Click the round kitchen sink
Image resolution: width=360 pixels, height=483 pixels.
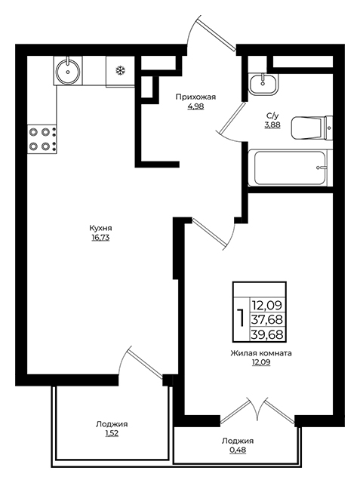point(68,72)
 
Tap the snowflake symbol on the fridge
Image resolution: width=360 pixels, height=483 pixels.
point(121,71)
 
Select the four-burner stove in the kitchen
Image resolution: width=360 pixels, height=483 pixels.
point(42,139)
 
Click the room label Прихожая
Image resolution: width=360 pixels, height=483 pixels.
point(195,97)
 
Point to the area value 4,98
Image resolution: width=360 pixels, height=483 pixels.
point(195,107)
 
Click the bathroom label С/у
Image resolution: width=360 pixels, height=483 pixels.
point(272,116)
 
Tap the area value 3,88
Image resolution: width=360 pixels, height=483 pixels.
point(272,125)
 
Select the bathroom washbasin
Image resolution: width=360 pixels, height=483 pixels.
point(263,84)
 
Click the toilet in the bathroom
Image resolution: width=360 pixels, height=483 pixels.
point(312,128)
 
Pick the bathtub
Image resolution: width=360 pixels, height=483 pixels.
point(290,168)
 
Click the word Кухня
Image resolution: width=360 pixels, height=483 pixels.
point(100,228)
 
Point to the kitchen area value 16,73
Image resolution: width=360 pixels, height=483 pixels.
point(100,238)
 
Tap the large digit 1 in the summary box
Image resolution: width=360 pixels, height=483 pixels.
point(242,319)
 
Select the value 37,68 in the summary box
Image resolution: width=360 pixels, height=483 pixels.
point(267,320)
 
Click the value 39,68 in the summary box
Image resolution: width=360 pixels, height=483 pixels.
point(267,334)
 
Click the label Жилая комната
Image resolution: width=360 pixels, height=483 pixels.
point(261,353)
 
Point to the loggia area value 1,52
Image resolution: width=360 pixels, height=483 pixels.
point(112,434)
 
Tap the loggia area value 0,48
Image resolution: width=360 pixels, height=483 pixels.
point(238,451)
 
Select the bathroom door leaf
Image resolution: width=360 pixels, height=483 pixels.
point(233,117)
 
